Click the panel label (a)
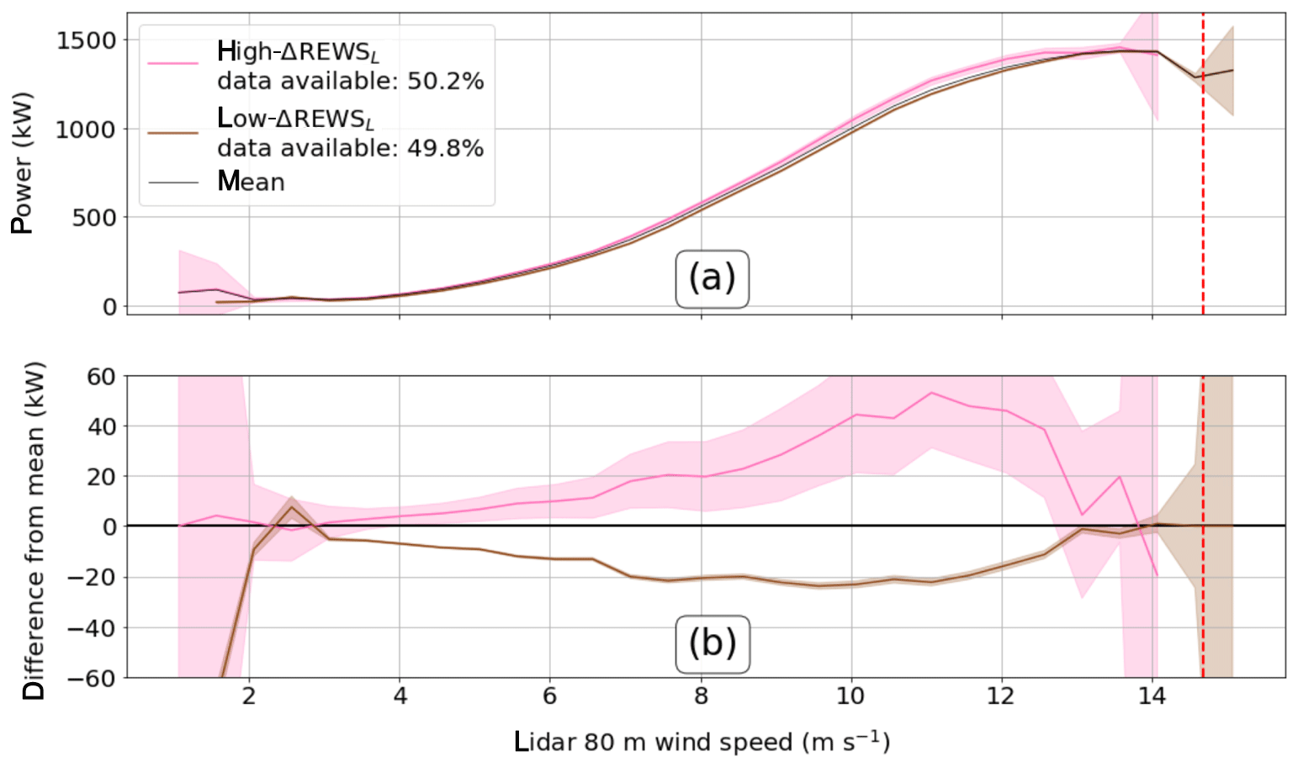pos(712,278)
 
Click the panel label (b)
pos(712,644)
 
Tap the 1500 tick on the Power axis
pos(87,40)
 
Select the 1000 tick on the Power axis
pos(87,130)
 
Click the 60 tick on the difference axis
pos(101,376)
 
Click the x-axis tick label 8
pos(701,697)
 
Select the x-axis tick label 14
pos(1152,697)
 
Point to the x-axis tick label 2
pos(249,697)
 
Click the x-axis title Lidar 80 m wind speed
pos(702,742)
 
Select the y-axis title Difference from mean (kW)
pos(34,531)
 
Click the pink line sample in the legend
pos(173,63)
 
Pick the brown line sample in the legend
pos(173,132)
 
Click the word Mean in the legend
pos(251,182)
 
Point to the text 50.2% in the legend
pos(445,81)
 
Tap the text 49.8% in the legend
pos(445,149)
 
